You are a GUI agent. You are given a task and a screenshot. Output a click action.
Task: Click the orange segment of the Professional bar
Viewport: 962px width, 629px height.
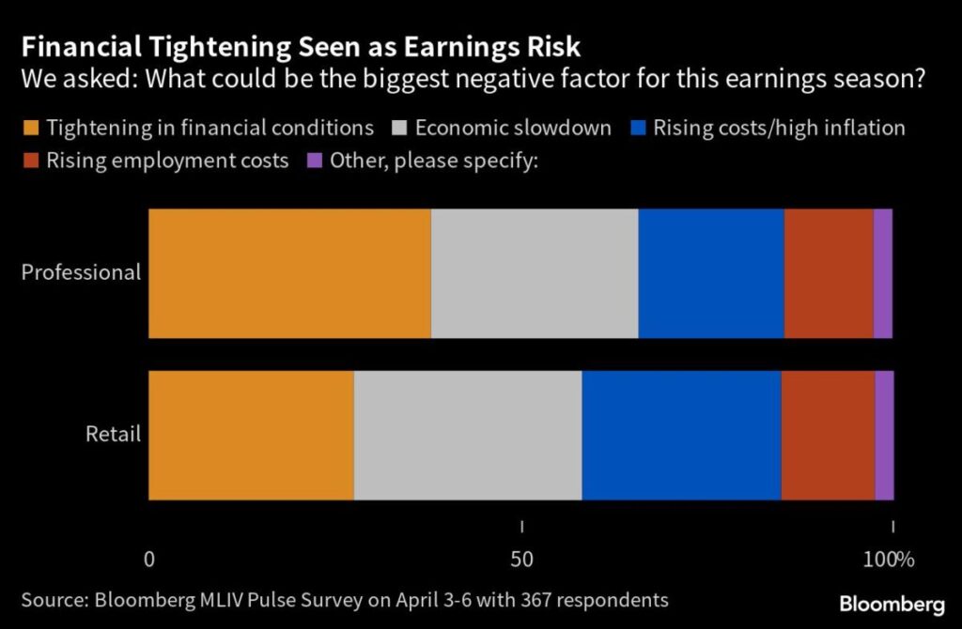tap(289, 273)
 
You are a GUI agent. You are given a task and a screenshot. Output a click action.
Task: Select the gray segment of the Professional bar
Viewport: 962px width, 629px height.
tap(535, 273)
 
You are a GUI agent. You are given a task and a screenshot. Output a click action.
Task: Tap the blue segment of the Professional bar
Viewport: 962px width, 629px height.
tap(711, 273)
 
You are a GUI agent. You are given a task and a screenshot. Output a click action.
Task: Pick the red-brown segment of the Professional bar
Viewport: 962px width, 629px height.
tap(829, 273)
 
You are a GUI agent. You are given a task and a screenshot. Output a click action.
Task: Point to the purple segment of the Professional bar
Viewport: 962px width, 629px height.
tap(883, 273)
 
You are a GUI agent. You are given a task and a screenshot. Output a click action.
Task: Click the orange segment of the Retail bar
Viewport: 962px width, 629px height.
tap(251, 435)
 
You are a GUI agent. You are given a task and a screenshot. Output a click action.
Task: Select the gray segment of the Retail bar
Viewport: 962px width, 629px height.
tap(468, 435)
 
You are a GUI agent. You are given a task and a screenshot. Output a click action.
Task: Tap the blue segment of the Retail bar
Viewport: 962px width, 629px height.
tap(681, 435)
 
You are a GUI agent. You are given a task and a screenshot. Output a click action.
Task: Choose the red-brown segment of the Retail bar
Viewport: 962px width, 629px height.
tap(828, 435)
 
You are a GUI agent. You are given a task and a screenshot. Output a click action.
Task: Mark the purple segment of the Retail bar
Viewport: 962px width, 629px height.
tap(884, 435)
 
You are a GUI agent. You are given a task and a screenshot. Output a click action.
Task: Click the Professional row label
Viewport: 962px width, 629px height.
tap(81, 273)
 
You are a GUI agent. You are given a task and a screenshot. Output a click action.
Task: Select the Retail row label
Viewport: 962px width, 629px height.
tap(113, 435)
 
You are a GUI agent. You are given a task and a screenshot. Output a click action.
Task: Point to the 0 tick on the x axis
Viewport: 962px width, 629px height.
tap(149, 560)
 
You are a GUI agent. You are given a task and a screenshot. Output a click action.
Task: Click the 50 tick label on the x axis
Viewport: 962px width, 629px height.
tap(521, 560)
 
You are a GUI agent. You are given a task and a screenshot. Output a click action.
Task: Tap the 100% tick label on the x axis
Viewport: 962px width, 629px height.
tap(888, 560)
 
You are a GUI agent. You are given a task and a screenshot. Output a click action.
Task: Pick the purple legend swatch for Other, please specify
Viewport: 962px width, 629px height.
tap(314, 161)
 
